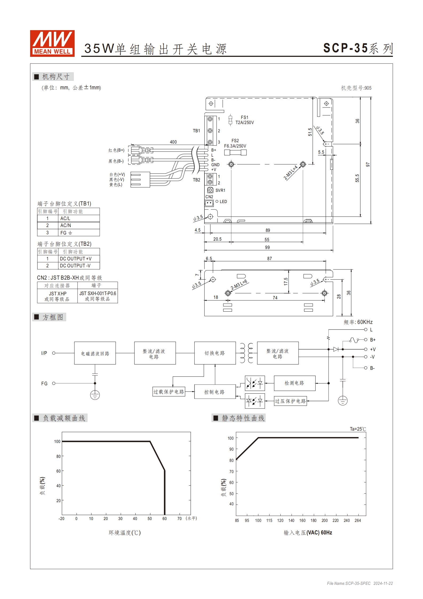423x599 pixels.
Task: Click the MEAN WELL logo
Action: pos(52,43)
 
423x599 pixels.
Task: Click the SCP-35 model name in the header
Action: pos(345,48)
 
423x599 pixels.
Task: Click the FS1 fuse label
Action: pos(244,117)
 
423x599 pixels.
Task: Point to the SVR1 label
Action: pos(220,190)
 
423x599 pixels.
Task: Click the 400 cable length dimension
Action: pos(173,142)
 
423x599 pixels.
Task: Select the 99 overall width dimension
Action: pos(267,247)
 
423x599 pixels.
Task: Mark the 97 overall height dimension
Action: pos(368,165)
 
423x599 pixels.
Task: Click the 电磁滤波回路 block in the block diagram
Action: pos(95,353)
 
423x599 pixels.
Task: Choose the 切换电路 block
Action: pos(215,353)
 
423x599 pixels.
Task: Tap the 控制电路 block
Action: pos(215,392)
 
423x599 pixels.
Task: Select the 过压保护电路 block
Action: pos(291,401)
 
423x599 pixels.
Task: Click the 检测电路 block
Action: pos(294,383)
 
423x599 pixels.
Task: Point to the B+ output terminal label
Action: pos(373,340)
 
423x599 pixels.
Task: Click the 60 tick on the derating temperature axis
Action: pos(164,519)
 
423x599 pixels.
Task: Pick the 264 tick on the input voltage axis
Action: pos(358,521)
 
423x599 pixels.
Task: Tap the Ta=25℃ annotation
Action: pos(358,429)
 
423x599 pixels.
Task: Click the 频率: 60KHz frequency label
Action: pos(358,322)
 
